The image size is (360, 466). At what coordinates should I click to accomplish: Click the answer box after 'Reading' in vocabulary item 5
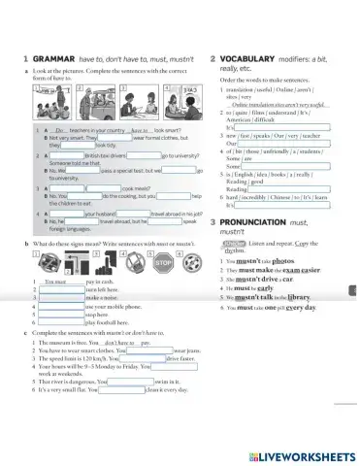tap(288, 189)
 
